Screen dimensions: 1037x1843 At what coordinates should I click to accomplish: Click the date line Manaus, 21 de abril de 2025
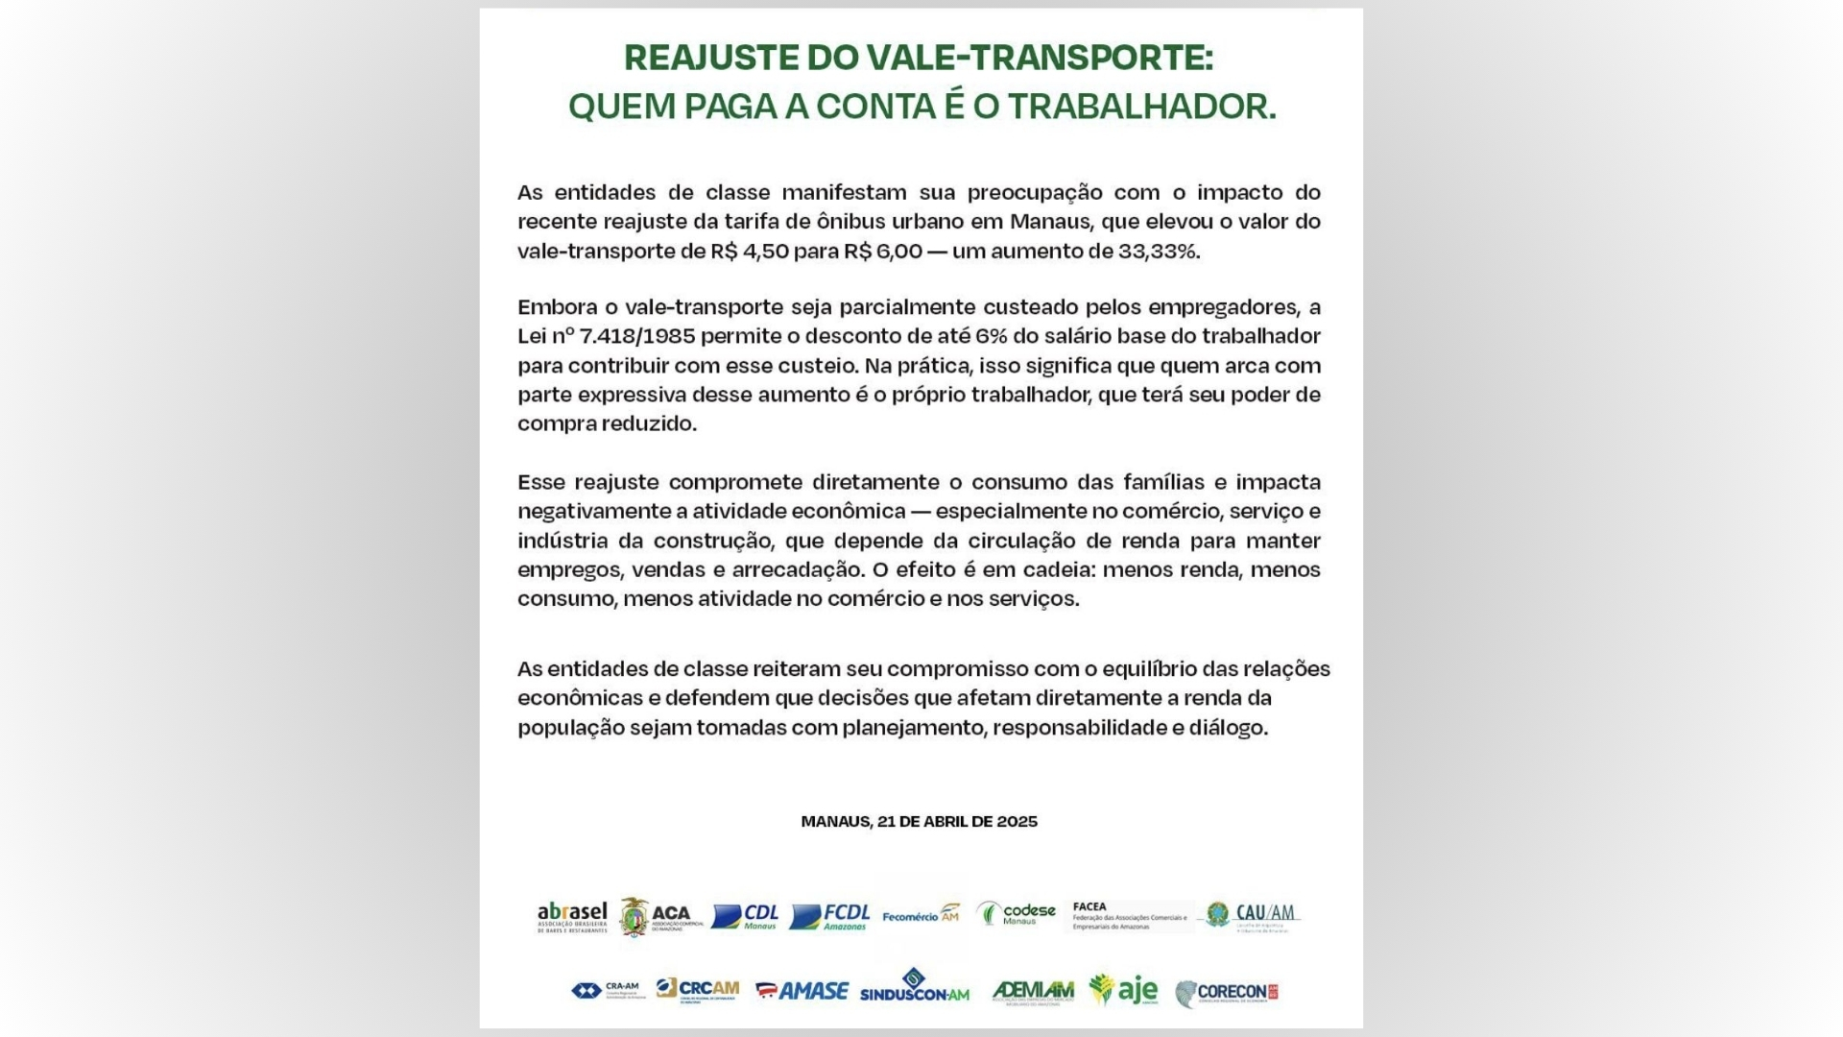point(919,822)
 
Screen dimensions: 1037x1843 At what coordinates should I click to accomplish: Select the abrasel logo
point(572,917)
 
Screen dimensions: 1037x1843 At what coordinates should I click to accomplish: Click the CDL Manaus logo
point(745,916)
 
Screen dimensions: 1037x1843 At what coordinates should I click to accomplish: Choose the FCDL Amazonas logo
point(830,916)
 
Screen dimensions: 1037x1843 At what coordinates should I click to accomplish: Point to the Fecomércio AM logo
point(921,915)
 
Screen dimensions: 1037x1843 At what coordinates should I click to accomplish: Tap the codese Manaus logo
point(1017,913)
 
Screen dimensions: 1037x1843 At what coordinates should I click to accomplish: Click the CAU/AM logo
point(1253,915)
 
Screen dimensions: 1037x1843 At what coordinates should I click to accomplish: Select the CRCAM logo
point(698,990)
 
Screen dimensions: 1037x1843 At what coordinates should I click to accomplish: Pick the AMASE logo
point(802,991)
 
